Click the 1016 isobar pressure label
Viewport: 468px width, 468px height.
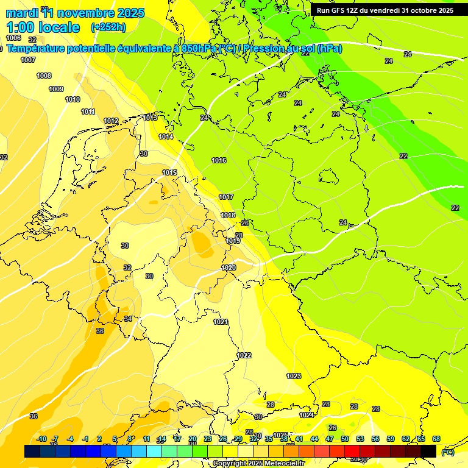point(219,160)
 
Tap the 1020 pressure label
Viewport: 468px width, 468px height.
point(229,268)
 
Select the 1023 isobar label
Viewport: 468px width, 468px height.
point(294,376)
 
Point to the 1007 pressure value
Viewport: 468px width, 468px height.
point(28,60)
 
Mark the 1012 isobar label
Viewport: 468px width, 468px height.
point(111,121)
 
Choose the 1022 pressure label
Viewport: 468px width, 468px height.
point(244,355)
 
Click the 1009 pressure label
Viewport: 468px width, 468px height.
point(56,89)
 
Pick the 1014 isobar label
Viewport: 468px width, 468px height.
point(166,136)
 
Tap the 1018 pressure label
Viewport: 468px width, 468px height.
point(228,215)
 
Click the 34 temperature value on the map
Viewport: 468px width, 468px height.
point(128,319)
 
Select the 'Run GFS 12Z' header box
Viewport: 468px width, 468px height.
point(385,10)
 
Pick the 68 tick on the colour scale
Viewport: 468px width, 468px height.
point(436,439)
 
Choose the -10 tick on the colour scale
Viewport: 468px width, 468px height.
point(41,439)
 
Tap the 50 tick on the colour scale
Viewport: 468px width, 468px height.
point(345,439)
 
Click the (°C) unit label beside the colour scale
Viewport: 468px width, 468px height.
point(448,452)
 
